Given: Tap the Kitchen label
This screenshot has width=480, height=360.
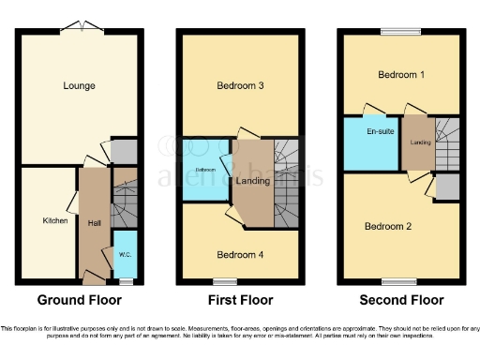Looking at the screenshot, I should click(54, 221).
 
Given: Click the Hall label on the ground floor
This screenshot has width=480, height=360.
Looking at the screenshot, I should click(95, 223).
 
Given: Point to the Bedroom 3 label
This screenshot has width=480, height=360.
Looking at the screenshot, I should click(240, 86).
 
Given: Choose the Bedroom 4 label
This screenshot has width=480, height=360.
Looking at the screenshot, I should click(240, 255).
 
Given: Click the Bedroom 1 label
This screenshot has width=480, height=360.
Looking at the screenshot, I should click(400, 75).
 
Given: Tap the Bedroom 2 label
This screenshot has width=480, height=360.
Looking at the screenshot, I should click(387, 226).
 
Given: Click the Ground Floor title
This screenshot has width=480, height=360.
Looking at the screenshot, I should click(79, 301).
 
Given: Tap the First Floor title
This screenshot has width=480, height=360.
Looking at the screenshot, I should click(240, 301).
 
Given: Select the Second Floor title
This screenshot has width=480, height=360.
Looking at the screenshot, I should click(401, 301).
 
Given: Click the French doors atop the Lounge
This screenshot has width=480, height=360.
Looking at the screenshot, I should click(78, 26).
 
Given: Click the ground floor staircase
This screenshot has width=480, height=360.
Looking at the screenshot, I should click(125, 197).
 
